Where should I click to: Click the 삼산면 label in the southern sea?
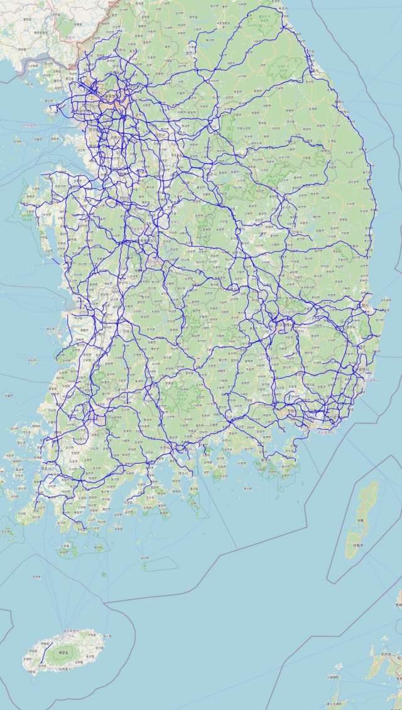(x=145, y=557)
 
